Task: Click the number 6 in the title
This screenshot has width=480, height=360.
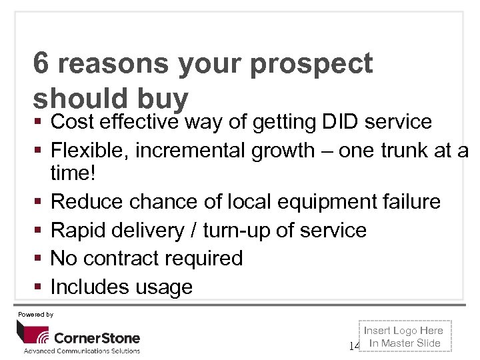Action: point(41,64)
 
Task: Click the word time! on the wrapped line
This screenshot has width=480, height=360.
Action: point(71,173)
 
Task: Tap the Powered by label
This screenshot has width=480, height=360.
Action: point(36,314)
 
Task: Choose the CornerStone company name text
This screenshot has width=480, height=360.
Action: point(97,337)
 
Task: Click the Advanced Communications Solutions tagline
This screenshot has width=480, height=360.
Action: point(82,351)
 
